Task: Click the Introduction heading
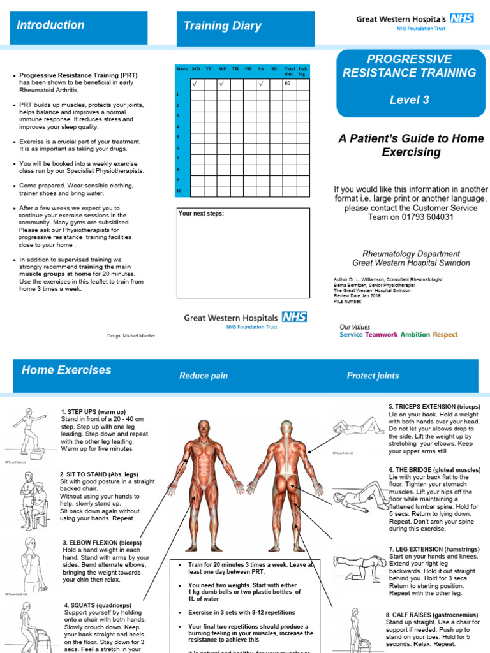point(50,26)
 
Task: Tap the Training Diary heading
point(222,26)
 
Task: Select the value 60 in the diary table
point(288,84)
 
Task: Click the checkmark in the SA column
point(261,84)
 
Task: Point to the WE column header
point(222,69)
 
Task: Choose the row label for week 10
point(179,191)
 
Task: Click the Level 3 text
point(409,100)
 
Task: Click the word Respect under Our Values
point(445,334)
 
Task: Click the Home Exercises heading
point(66,370)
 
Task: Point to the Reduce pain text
point(203,376)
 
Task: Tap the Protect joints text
point(373,376)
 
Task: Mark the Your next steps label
point(201,213)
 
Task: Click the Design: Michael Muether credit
point(131,335)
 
